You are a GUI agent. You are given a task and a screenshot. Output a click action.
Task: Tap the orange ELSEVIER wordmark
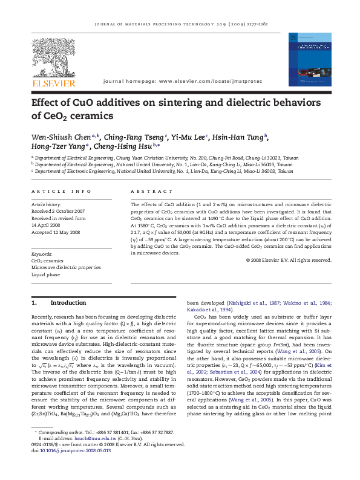54,82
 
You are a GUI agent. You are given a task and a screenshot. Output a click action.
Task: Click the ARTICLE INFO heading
61,192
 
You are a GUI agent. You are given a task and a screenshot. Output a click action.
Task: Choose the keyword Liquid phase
46,274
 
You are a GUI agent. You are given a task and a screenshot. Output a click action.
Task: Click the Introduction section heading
67,302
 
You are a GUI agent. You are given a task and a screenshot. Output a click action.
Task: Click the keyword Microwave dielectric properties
66,267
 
